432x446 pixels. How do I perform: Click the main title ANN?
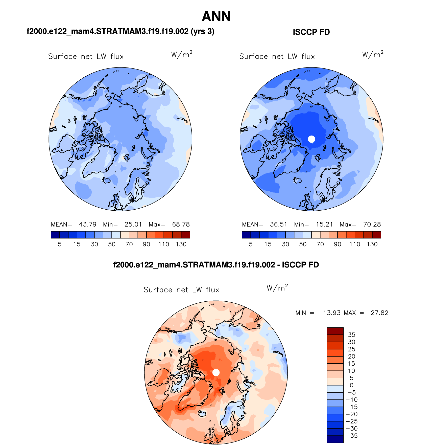216,17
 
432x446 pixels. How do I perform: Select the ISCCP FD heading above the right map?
311,32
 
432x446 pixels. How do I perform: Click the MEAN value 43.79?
88,224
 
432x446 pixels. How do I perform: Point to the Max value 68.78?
181,224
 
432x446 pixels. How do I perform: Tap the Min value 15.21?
324,224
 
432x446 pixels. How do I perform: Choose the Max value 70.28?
372,224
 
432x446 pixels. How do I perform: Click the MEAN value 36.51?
279,224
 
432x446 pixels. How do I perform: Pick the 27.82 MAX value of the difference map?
379,313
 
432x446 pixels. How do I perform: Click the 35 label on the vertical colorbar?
351,335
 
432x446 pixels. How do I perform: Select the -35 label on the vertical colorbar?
352,436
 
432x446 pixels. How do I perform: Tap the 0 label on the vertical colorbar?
351,385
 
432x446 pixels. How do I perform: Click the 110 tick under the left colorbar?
164,244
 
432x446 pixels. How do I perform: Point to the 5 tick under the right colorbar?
251,244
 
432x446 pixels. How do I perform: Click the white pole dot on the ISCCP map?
311,139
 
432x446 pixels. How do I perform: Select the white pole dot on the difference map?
216,372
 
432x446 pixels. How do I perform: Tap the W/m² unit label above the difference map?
277,288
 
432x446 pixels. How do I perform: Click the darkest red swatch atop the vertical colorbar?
335,331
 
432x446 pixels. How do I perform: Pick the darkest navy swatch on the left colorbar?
55,235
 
